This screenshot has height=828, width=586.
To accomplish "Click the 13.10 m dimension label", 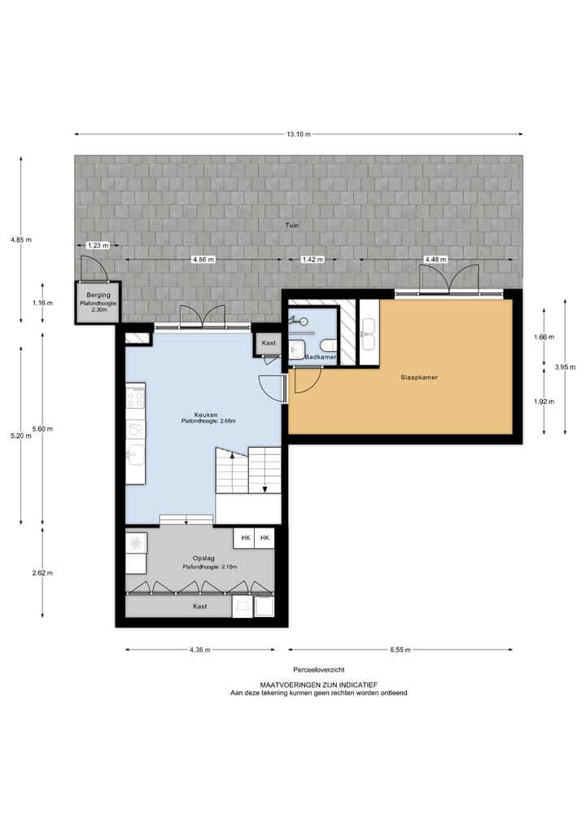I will [298, 134].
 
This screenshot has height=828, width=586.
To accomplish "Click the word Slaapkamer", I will [419, 378].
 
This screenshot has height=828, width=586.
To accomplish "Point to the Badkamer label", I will [321, 357].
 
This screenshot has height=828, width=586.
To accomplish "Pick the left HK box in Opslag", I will [244, 538].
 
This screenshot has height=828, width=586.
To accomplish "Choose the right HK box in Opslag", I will [265, 538].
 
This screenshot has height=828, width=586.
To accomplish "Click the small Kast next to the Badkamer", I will [269, 344].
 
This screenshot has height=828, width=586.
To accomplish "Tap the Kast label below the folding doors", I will [200, 607].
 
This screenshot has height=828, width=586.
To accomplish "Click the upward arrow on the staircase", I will [233, 458].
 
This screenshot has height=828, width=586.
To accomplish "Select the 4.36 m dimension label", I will [199, 650].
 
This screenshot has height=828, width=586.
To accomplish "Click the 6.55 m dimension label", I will [399, 650].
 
